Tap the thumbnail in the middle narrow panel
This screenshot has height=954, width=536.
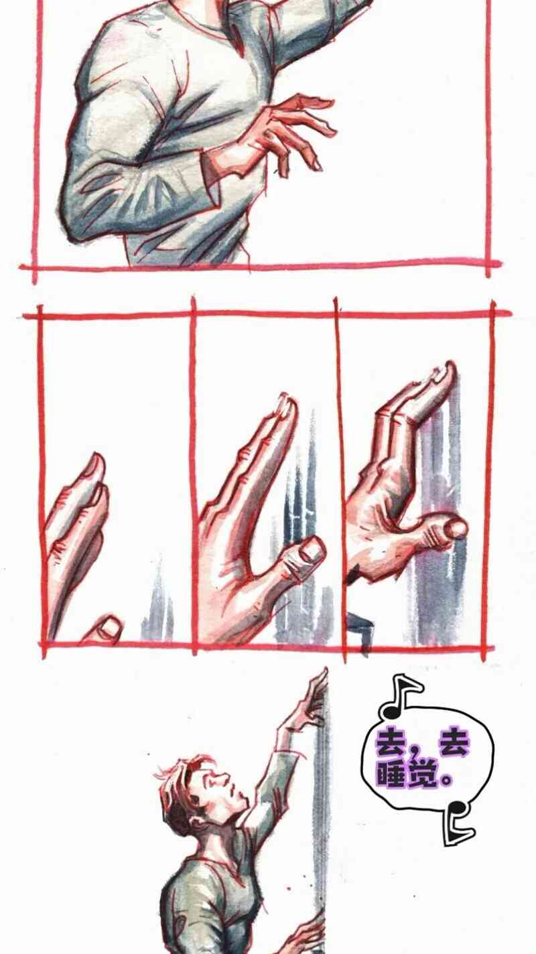[x=310, y=551]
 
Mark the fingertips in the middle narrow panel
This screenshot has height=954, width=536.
[x=286, y=405]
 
